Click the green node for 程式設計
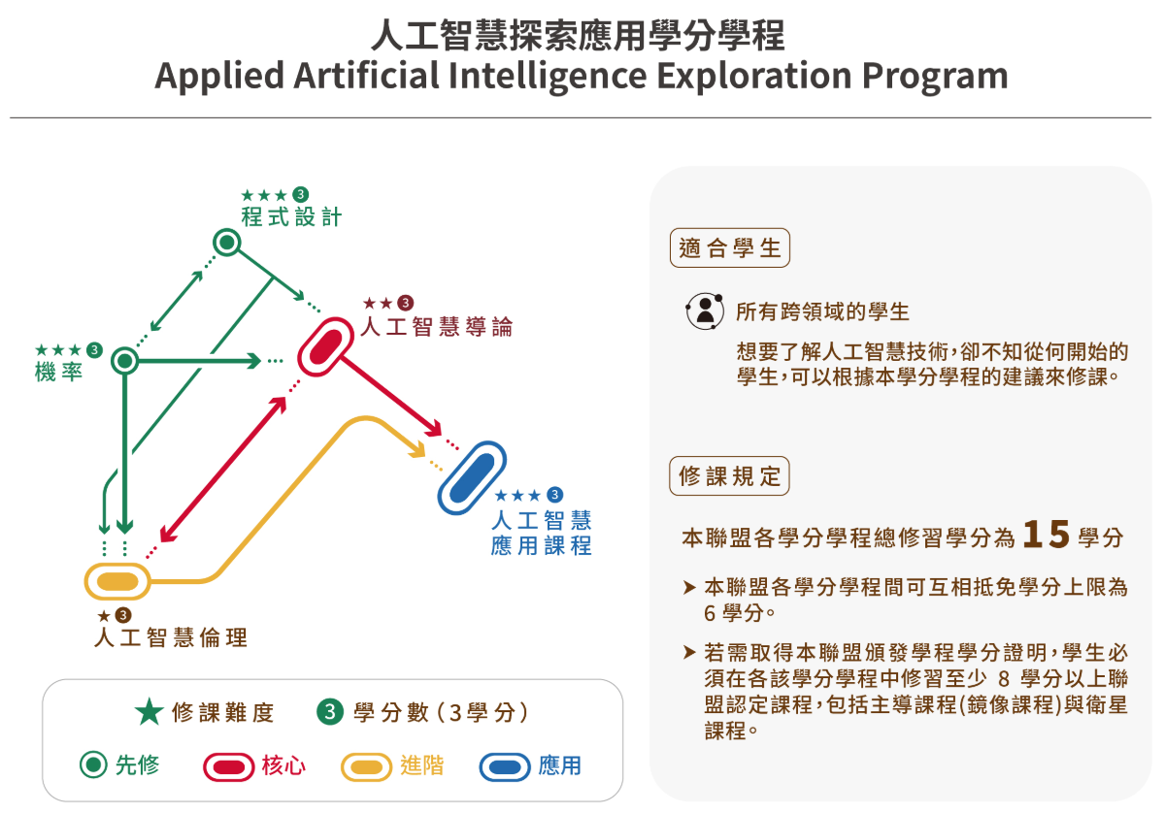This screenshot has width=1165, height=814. (x=227, y=243)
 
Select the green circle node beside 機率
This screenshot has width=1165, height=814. (x=125, y=361)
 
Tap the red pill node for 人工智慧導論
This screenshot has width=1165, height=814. (x=326, y=346)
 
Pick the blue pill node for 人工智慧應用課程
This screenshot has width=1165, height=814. (x=472, y=477)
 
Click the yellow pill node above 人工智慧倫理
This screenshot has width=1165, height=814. (x=117, y=581)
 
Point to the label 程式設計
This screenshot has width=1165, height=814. (x=291, y=216)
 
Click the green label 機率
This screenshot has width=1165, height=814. (x=59, y=372)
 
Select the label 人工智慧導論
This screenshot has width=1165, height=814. (x=437, y=327)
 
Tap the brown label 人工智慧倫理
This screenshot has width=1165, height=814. (x=171, y=637)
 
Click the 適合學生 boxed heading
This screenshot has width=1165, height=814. (x=730, y=248)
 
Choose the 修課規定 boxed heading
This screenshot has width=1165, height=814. (x=729, y=476)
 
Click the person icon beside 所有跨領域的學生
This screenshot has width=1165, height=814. (x=705, y=310)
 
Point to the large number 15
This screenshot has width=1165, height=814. (x=1046, y=535)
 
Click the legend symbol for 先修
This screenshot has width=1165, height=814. (x=93, y=765)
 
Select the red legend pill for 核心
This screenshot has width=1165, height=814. (x=229, y=767)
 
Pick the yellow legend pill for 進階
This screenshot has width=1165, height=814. (x=366, y=767)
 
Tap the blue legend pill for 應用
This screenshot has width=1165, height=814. (x=505, y=767)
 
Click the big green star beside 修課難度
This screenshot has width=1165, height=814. (x=150, y=712)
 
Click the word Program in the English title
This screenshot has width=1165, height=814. (x=935, y=76)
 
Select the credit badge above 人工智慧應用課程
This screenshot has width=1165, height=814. (x=555, y=495)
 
